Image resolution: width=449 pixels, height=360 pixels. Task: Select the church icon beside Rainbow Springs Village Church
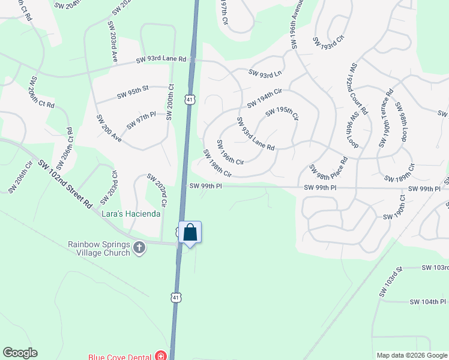[x=139, y=248]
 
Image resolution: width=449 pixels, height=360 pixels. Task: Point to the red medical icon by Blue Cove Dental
[x=160, y=356]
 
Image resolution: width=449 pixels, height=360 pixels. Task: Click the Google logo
[x=20, y=353]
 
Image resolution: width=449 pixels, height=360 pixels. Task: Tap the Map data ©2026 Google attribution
[x=411, y=355]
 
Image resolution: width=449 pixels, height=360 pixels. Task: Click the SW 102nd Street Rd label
[x=65, y=184]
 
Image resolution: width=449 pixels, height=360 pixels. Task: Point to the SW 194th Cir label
[x=265, y=95]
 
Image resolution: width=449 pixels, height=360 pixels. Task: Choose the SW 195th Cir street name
[x=282, y=112]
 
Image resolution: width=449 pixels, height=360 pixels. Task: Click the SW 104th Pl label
[x=429, y=302]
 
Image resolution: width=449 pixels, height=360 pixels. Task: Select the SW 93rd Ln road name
[x=265, y=73]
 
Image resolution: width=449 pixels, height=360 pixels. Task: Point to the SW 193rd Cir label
[x=328, y=41]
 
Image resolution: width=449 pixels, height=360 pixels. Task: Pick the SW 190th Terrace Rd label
[x=385, y=118]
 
